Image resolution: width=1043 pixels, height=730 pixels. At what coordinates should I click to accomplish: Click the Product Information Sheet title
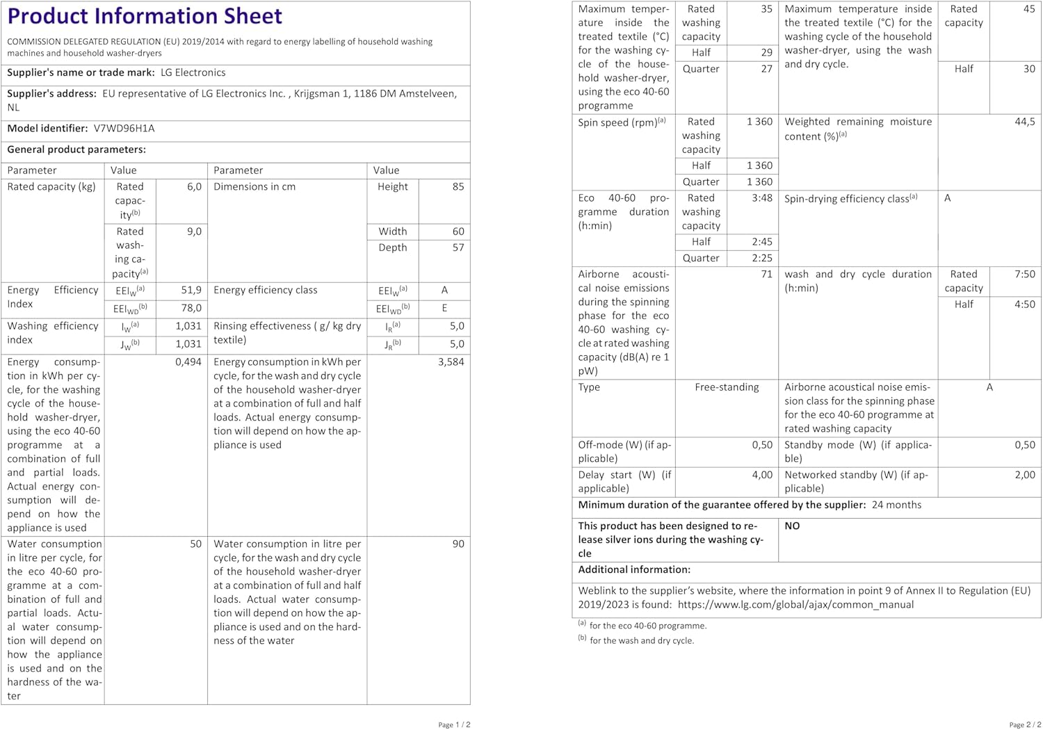click(145, 16)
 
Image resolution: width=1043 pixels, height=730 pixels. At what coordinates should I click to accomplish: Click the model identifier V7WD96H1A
click(124, 129)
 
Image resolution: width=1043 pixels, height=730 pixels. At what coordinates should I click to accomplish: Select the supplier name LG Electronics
click(193, 73)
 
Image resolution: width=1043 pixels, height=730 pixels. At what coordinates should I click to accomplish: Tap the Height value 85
click(458, 187)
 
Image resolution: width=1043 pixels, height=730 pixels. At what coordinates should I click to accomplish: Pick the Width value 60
click(458, 232)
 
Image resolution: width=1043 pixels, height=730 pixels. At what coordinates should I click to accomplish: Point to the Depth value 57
click(458, 248)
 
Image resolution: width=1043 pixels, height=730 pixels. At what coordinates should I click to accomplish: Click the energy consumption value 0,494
click(188, 362)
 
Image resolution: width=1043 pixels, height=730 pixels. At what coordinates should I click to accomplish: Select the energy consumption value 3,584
click(451, 362)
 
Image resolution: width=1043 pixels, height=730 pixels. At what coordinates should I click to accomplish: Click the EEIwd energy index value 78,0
click(191, 308)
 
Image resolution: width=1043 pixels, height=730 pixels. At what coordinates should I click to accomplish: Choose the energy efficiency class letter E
click(444, 308)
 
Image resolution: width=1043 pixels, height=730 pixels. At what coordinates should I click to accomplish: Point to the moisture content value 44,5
click(1024, 122)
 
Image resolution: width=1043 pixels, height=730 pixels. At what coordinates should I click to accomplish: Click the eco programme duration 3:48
click(761, 199)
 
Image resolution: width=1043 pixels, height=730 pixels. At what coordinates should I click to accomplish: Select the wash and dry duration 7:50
click(1024, 275)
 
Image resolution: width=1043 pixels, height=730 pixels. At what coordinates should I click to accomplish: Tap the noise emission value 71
click(766, 275)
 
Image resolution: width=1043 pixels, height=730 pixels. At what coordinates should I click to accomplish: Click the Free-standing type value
click(727, 387)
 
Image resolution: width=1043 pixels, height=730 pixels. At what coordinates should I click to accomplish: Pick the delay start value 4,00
click(761, 475)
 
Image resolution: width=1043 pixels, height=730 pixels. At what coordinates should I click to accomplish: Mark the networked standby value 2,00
click(1024, 475)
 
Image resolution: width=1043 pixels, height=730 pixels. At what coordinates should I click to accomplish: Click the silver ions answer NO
click(792, 526)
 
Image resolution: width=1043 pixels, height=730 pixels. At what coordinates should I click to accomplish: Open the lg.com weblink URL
click(795, 605)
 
